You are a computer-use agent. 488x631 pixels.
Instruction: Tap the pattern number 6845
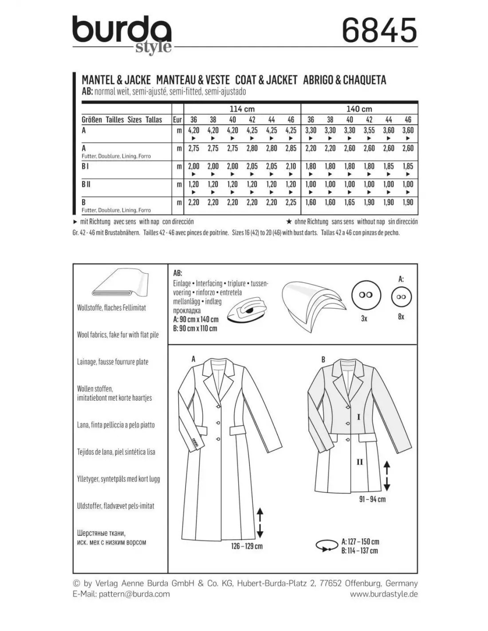pyautogui.click(x=379, y=30)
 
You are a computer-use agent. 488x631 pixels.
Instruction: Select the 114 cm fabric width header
pyautogui.click(x=242, y=109)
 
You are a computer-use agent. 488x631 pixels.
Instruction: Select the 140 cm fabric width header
pyautogui.click(x=359, y=109)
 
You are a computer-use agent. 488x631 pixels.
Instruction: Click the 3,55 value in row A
pyautogui.click(x=369, y=130)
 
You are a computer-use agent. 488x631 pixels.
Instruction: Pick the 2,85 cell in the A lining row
pyautogui.click(x=291, y=149)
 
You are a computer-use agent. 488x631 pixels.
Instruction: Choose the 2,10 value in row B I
pyautogui.click(x=291, y=166)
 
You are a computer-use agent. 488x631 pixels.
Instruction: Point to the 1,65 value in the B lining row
pyautogui.click(x=350, y=202)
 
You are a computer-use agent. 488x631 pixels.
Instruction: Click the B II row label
pyautogui.click(x=86, y=184)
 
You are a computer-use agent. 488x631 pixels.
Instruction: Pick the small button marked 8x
pyautogui.click(x=401, y=297)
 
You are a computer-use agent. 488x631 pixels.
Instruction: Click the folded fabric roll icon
pyautogui.click(x=118, y=283)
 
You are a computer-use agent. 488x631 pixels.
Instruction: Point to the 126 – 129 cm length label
pyautogui.click(x=247, y=546)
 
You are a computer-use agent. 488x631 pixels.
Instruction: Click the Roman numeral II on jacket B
pyautogui.click(x=360, y=462)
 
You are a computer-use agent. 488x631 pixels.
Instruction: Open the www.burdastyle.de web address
pyautogui.click(x=384, y=594)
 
